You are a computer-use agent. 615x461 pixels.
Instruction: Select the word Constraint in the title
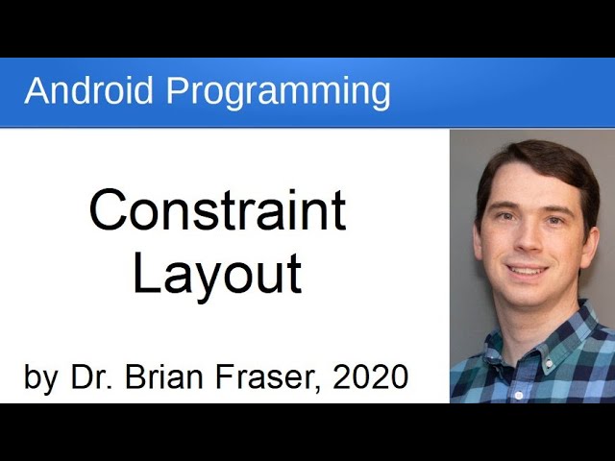pyautogui.click(x=217, y=210)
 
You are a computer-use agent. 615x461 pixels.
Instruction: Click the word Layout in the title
pyautogui.click(x=217, y=274)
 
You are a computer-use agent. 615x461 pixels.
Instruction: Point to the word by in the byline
pyautogui.click(x=40, y=377)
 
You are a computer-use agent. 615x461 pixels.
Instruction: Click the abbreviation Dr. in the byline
pyautogui.click(x=89, y=376)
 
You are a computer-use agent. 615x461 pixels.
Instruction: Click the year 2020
pyautogui.click(x=370, y=376)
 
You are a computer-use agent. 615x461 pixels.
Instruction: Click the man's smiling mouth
pyautogui.click(x=529, y=272)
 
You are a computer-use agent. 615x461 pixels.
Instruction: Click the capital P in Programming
pyautogui.click(x=176, y=91)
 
